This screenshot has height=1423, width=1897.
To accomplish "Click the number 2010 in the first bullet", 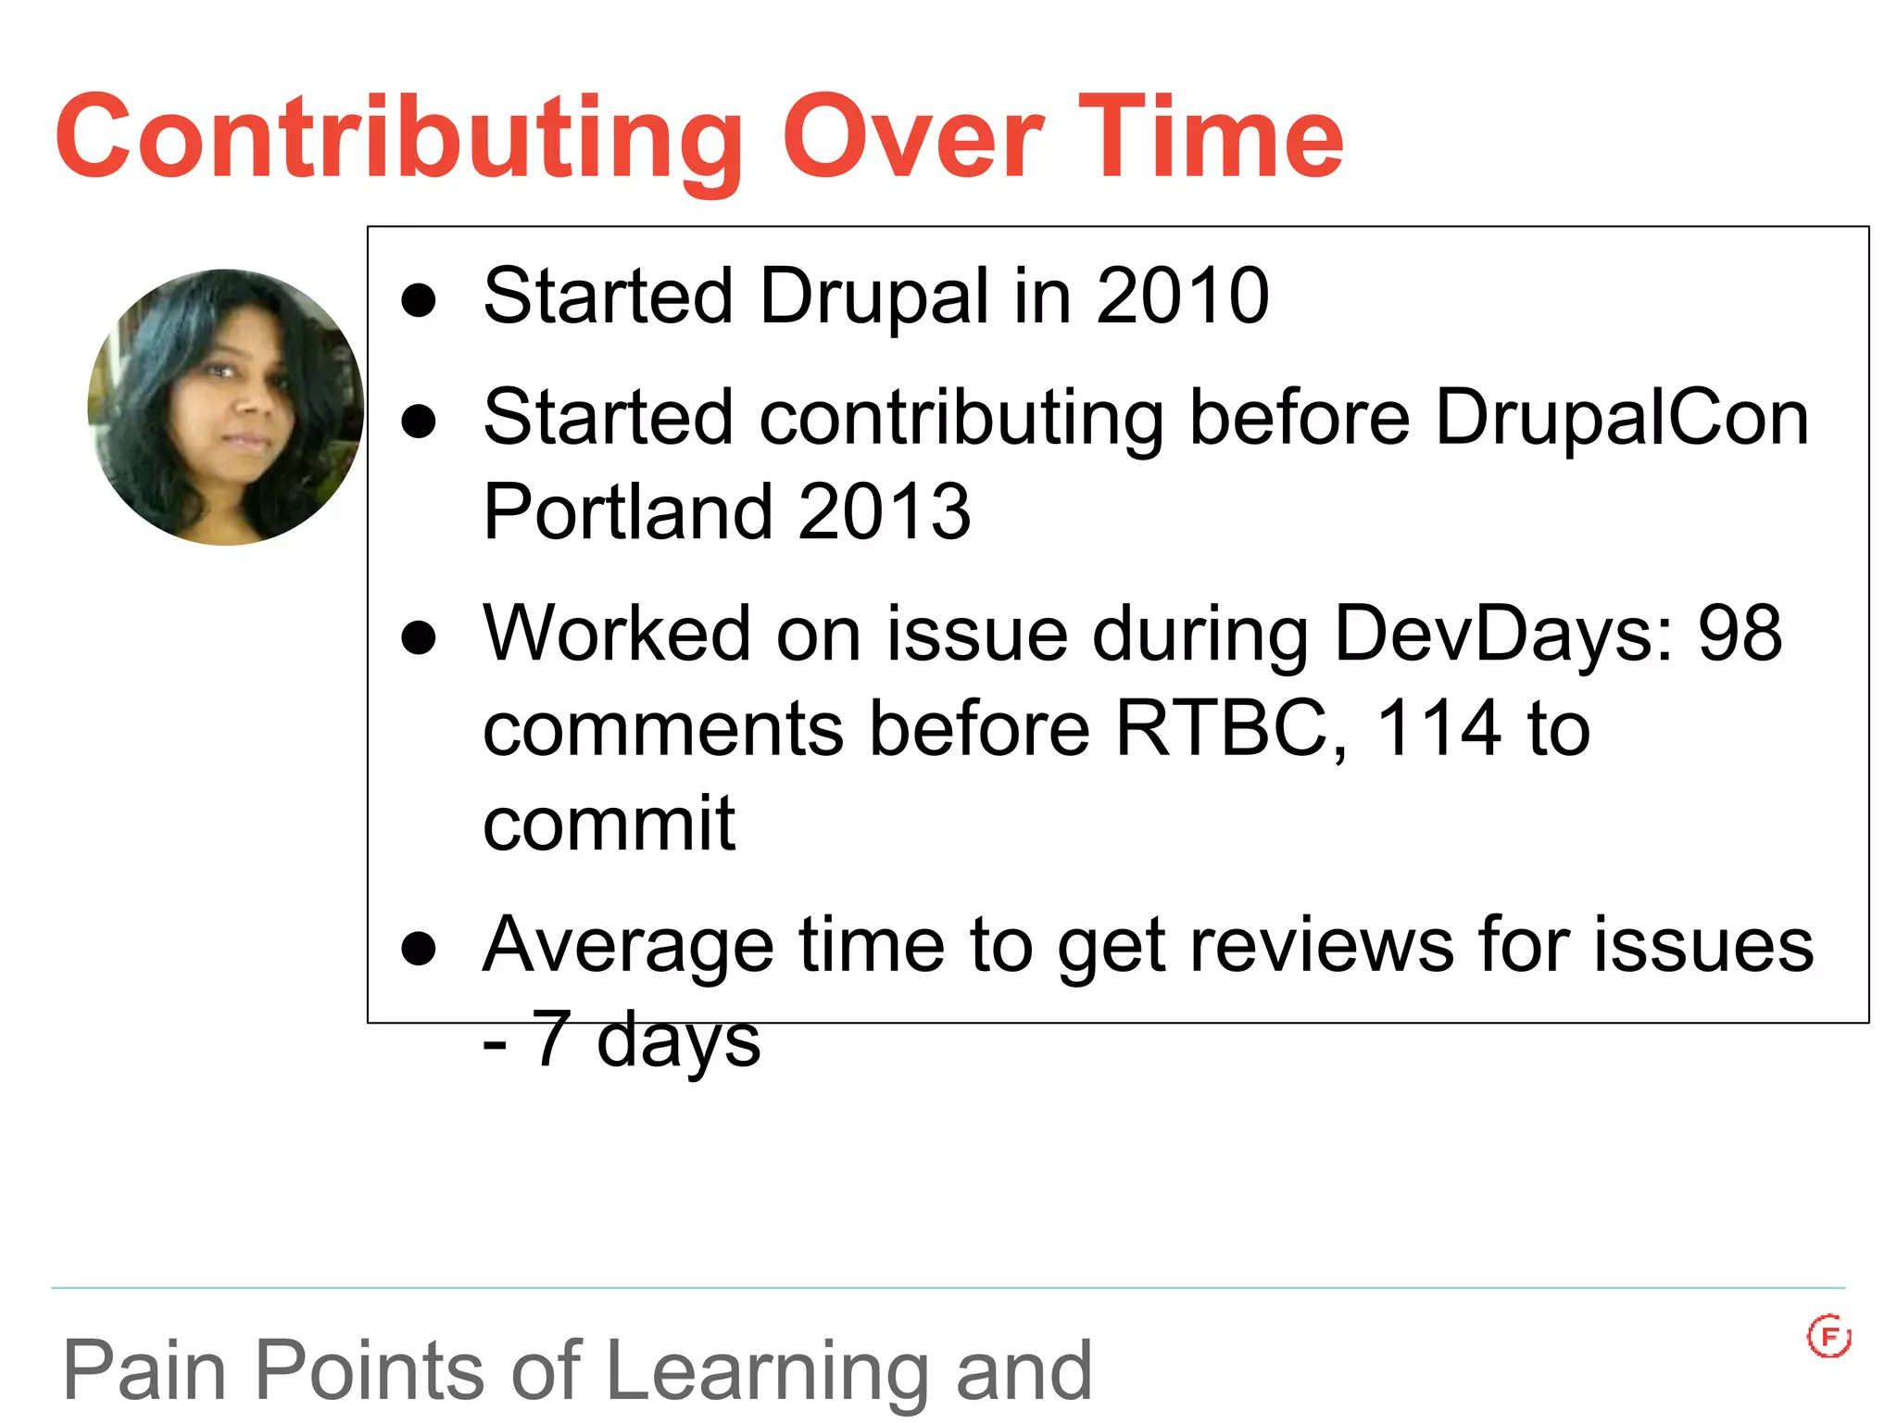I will click(x=1182, y=296).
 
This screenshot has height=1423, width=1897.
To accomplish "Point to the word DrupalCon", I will click(x=1621, y=419).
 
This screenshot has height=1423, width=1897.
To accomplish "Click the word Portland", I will click(x=627, y=511).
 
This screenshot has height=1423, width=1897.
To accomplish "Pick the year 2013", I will click(x=884, y=511).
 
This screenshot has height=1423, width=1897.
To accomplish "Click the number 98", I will click(x=1740, y=634).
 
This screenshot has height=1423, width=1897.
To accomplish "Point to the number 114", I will click(x=1438, y=728).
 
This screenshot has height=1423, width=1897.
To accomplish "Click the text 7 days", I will click(x=645, y=1039).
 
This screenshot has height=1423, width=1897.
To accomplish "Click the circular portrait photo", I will click(x=225, y=408).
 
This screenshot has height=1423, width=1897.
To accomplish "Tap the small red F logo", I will click(x=1828, y=1337).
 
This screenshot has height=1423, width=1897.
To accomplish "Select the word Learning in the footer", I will click(x=768, y=1371).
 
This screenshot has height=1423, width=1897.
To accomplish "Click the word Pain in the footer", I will click(x=144, y=1371).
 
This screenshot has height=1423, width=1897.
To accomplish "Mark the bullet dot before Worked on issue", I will click(x=419, y=637).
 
